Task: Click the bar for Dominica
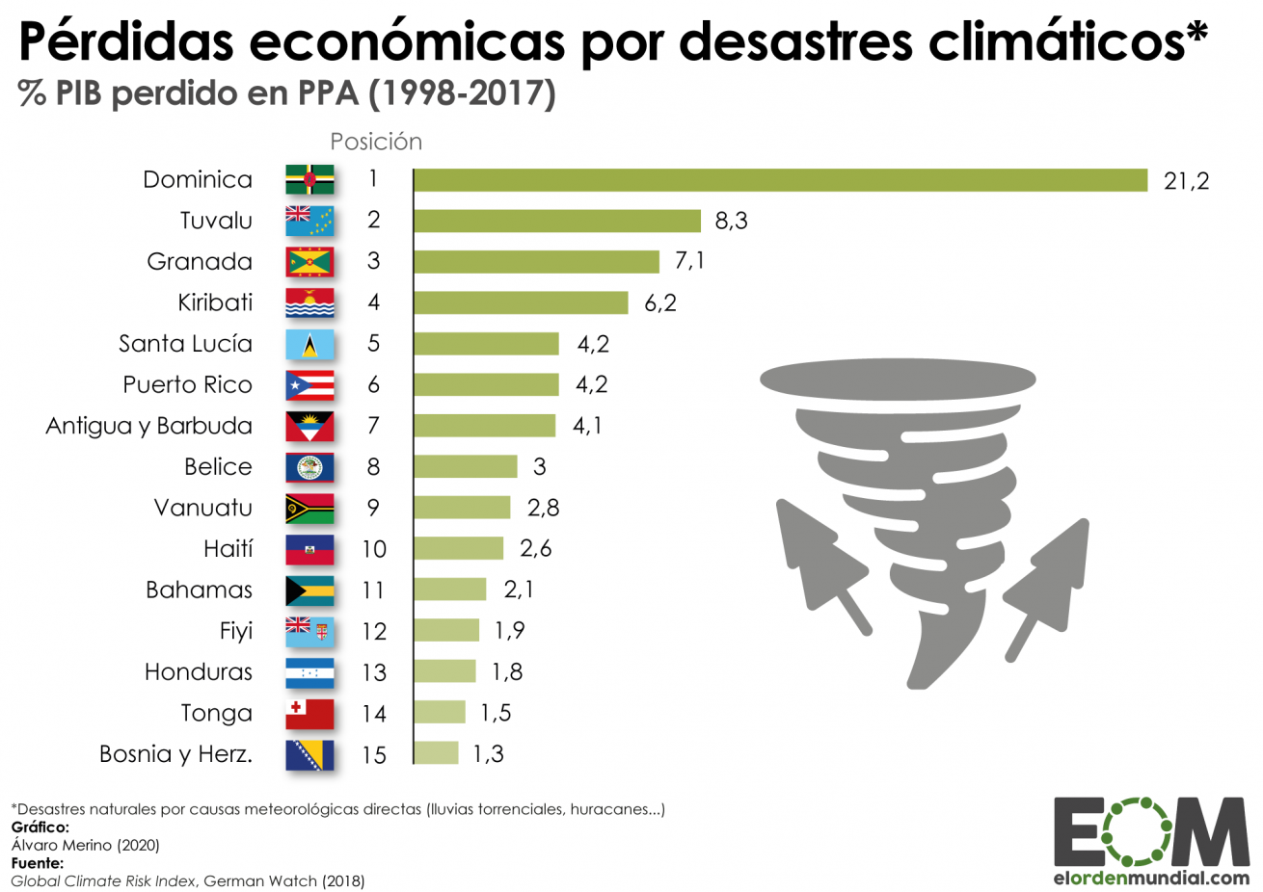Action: click(x=780, y=180)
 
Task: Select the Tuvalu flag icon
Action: click(x=309, y=221)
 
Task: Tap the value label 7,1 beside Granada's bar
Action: click(x=689, y=261)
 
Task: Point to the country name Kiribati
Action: click(x=215, y=302)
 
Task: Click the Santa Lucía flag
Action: click(x=309, y=344)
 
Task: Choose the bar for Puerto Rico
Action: click(x=487, y=384)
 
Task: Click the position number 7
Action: click(x=373, y=426)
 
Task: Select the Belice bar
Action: click(x=466, y=466)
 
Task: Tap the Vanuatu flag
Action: click(x=309, y=508)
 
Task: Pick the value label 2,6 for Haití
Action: click(x=535, y=548)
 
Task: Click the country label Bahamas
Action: click(x=199, y=590)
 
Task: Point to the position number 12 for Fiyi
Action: click(x=373, y=631)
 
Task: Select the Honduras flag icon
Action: click(x=309, y=672)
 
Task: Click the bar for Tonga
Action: click(x=440, y=713)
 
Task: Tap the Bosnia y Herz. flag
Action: click(x=309, y=754)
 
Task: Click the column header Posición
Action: click(x=376, y=142)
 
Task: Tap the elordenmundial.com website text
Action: click(x=1151, y=878)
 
